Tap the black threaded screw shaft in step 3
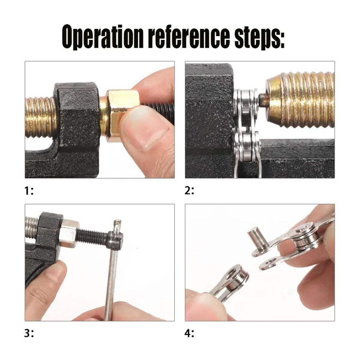point(92,237)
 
